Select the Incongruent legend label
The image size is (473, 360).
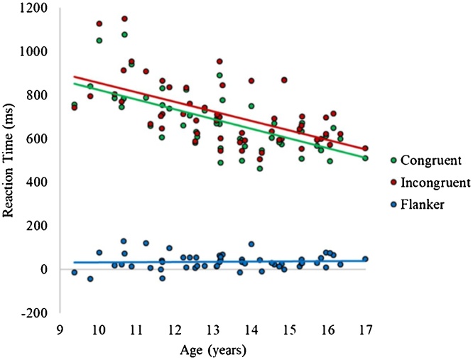435,182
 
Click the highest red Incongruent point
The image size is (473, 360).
124,18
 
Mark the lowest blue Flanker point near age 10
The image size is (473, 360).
90,279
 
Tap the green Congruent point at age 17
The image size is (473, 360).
365,158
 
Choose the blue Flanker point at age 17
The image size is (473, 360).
365,259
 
